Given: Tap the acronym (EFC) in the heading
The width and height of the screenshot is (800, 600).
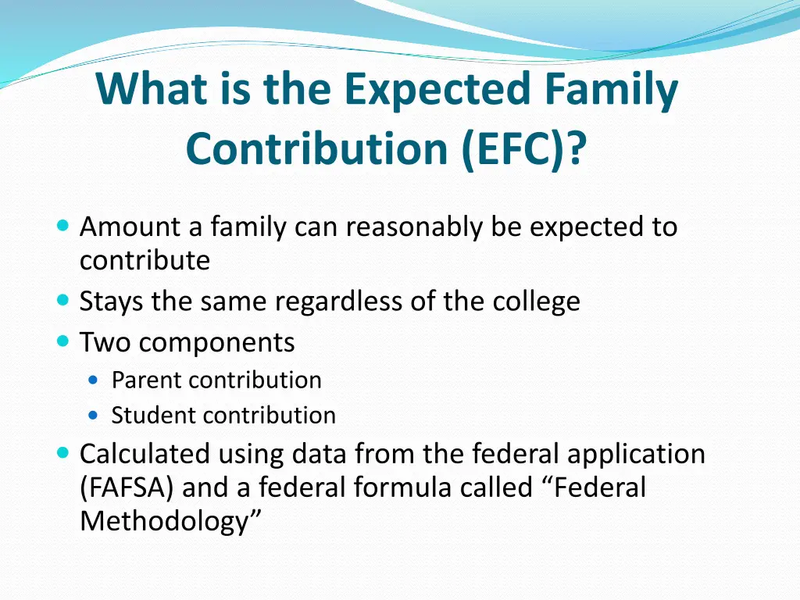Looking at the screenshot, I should tap(523, 148).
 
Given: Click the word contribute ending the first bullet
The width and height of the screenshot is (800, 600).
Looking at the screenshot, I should tap(145, 261).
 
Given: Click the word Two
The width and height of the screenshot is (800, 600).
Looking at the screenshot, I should tap(106, 342).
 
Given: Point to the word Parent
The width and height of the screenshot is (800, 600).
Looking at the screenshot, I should tap(147, 380).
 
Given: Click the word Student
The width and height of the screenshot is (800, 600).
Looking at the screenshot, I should tap(152, 416).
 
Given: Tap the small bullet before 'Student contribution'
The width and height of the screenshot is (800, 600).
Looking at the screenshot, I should tap(95, 416).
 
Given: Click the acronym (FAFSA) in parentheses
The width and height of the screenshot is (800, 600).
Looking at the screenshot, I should tap(129, 488).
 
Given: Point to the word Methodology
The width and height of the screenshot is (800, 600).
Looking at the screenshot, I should tap(166, 522).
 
